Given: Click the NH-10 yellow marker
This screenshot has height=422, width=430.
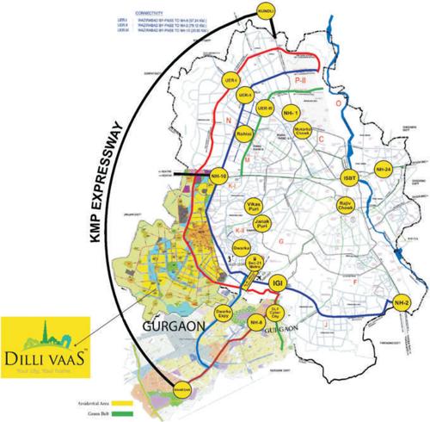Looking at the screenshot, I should [x=219, y=176].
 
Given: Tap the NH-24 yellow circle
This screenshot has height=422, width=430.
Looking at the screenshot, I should [x=384, y=170].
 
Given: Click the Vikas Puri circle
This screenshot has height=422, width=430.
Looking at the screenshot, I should [x=253, y=206].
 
